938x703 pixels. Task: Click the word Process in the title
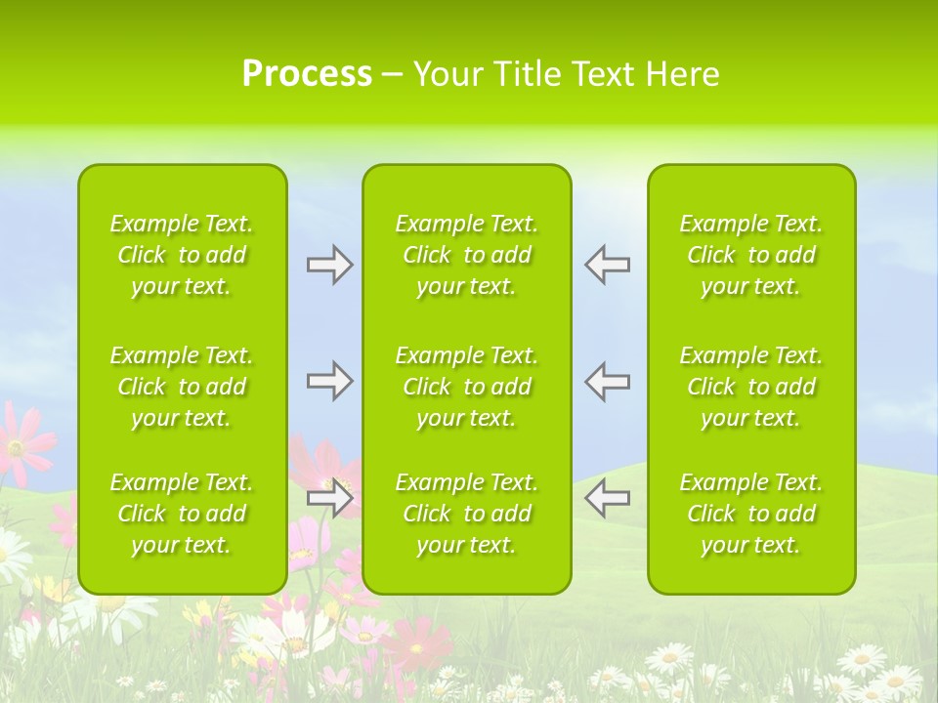point(307,74)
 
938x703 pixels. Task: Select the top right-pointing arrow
point(329,265)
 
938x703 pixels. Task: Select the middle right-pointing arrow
point(329,381)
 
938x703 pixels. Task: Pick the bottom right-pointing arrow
point(329,498)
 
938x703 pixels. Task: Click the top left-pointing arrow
point(607,265)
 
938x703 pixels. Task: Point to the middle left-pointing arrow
point(607,381)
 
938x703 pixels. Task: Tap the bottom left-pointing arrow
point(607,498)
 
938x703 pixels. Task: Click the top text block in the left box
point(182,255)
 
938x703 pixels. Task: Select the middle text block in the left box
point(182,387)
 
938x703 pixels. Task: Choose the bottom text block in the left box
point(182,514)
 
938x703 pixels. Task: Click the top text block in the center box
point(467,255)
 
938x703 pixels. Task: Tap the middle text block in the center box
point(467,387)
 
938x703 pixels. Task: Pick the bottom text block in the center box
point(467,514)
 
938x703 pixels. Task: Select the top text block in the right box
point(751,255)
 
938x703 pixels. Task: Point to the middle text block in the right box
point(751,387)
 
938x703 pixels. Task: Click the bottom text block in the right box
point(751,514)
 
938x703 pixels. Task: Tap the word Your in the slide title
point(448,74)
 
